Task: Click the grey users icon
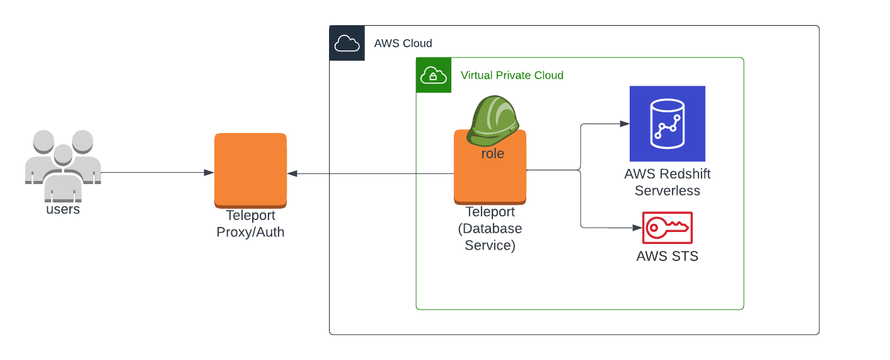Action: point(63,161)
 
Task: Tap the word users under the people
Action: point(63,209)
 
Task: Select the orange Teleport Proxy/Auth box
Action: point(250,170)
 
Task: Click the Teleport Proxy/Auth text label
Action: point(250,224)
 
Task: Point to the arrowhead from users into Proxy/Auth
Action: point(209,173)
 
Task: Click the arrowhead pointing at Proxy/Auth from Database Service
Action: point(292,173)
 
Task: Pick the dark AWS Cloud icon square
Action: point(347,44)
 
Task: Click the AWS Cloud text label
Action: point(403,44)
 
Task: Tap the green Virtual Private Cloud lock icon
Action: point(434,76)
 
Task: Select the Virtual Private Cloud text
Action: point(512,76)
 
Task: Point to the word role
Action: point(492,154)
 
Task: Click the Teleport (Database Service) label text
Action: point(490,229)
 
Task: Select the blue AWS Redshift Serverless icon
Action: point(667,124)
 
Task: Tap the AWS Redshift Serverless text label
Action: point(667,182)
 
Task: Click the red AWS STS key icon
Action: point(667,228)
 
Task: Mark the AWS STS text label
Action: point(667,257)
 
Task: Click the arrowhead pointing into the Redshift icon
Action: point(625,124)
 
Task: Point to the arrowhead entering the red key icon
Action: point(637,228)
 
